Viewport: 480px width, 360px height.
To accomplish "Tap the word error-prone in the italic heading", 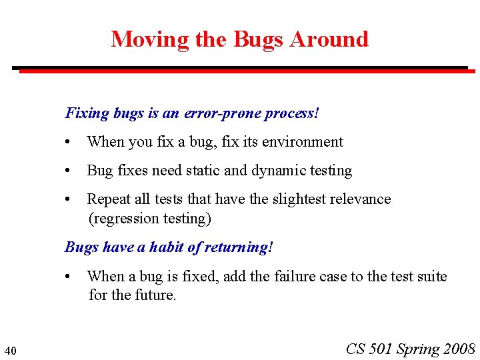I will click(221, 113).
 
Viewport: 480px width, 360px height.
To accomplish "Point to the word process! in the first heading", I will click(292, 113).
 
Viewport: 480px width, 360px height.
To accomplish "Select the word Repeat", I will click(109, 199).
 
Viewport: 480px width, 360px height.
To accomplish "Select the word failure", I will click(298, 277).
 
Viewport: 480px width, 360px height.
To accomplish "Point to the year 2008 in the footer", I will click(459, 349).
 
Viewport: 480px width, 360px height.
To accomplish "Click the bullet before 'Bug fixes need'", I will click(69, 171).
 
